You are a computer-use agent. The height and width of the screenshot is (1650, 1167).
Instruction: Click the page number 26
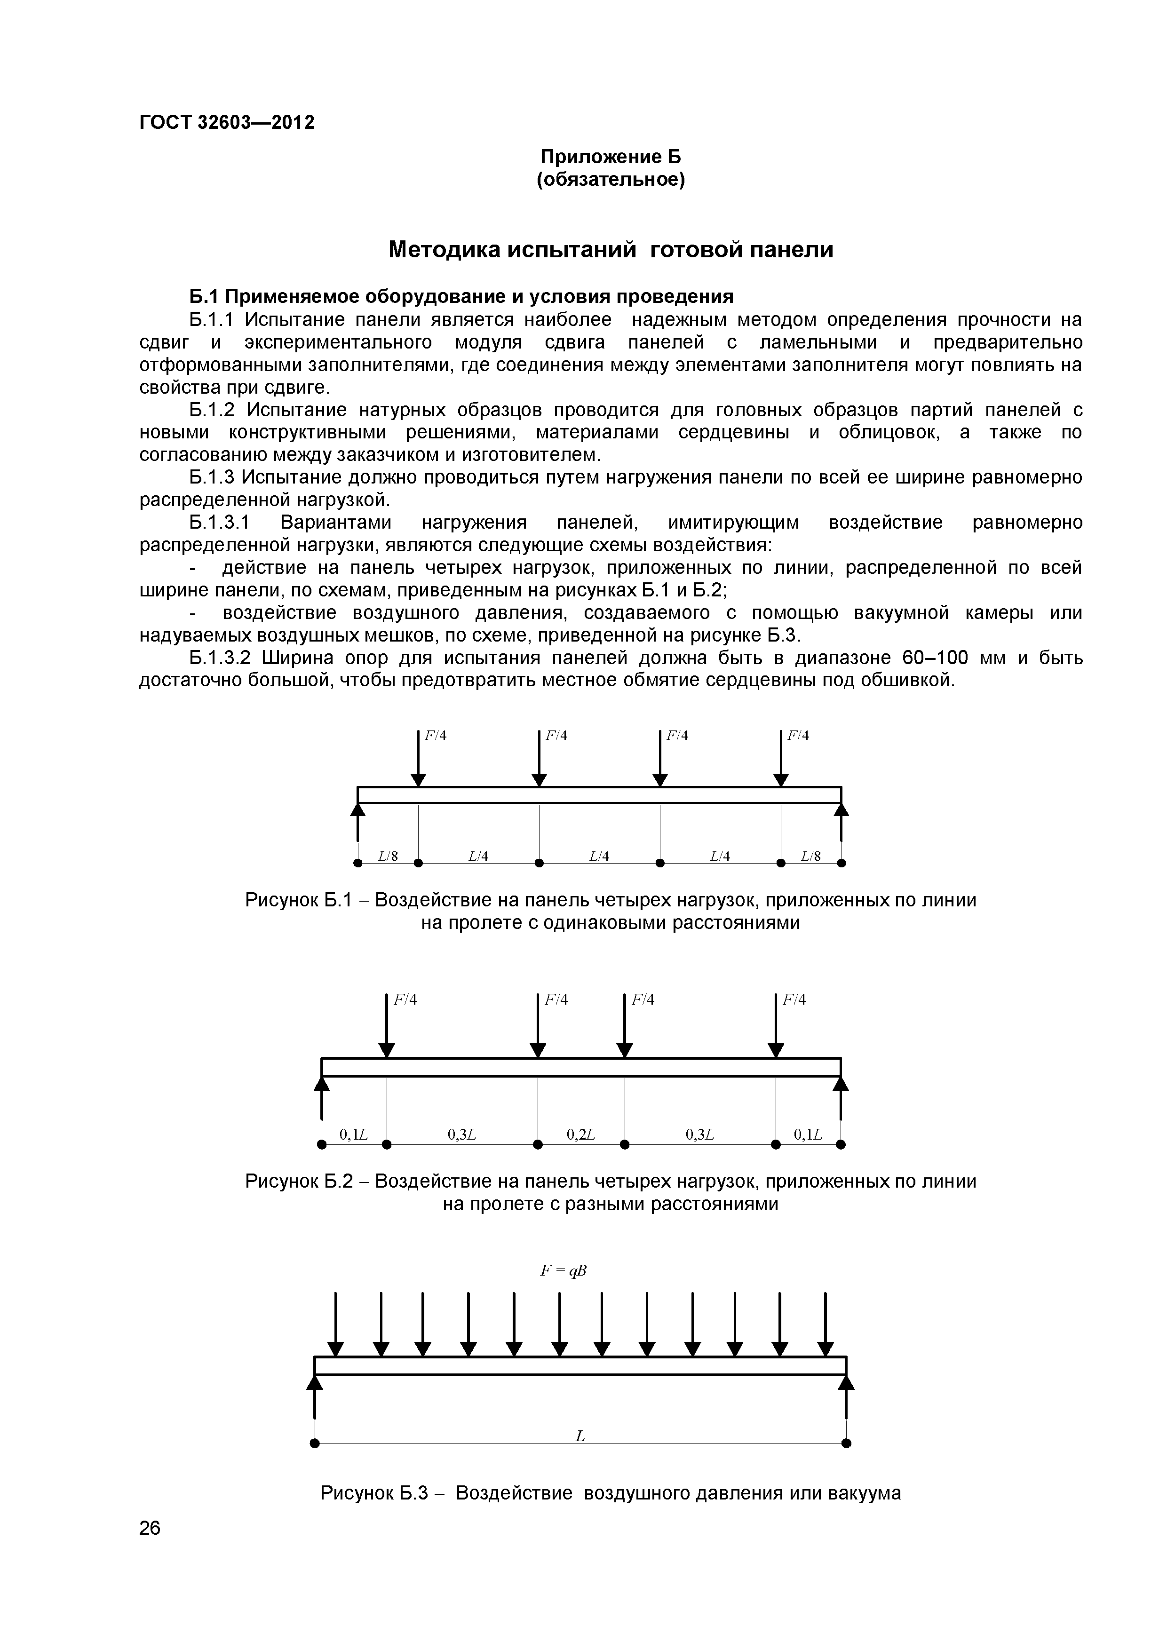(x=150, y=1548)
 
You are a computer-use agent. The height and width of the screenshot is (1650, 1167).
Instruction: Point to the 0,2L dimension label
(x=580, y=1135)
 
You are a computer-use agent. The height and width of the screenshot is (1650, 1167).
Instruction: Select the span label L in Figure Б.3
(x=580, y=1436)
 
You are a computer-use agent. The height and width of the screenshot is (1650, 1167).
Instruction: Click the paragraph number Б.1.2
(x=212, y=410)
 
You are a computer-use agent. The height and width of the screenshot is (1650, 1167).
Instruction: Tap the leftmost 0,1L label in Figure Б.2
(x=354, y=1135)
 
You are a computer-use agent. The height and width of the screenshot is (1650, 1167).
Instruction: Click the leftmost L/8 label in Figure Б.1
(x=388, y=856)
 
